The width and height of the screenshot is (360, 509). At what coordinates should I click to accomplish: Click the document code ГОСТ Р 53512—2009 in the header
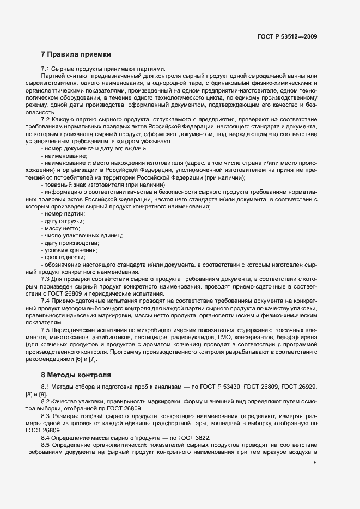[x=287, y=36]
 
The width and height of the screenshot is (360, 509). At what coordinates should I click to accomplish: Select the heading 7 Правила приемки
[x=76, y=54]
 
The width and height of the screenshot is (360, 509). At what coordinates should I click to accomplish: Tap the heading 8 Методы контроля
[x=76, y=375]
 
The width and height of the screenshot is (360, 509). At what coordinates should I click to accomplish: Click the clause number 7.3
[x=46, y=278]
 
